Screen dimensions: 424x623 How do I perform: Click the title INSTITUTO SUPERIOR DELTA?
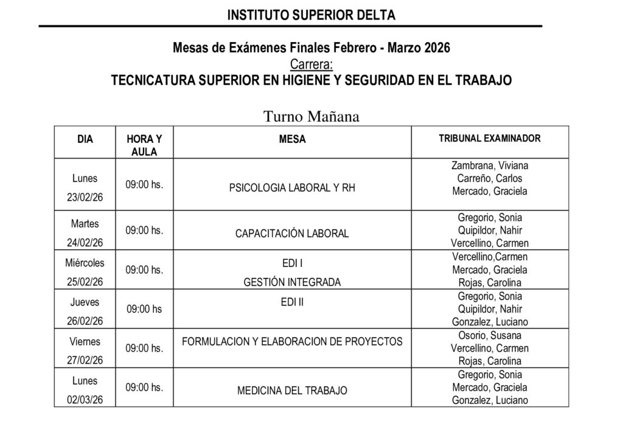[311, 15]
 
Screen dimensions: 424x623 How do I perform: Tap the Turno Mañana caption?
[311, 116]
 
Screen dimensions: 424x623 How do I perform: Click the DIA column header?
[85, 139]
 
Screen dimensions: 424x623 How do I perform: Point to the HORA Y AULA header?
[144, 145]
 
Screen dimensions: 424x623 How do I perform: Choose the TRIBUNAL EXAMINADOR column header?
[490, 139]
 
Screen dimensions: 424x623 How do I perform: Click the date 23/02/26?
[85, 198]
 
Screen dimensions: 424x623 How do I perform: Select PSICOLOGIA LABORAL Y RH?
[292, 188]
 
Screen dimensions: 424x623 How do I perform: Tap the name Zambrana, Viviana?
[490, 165]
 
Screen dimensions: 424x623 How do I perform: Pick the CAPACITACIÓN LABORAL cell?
[292, 234]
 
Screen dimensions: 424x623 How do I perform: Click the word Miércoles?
[85, 263]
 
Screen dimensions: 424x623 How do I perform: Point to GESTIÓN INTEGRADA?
[292, 282]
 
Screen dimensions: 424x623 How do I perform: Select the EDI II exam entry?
[292, 302]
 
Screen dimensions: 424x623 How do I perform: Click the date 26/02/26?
[85, 322]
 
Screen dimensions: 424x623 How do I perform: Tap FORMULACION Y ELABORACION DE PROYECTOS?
[292, 341]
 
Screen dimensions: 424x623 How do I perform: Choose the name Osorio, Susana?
[490, 335]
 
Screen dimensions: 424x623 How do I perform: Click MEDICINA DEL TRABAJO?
[292, 390]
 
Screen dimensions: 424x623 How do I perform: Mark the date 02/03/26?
[85, 400]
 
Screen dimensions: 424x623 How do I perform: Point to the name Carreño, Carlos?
[490, 178]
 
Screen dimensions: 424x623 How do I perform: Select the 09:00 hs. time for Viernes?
[144, 349]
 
